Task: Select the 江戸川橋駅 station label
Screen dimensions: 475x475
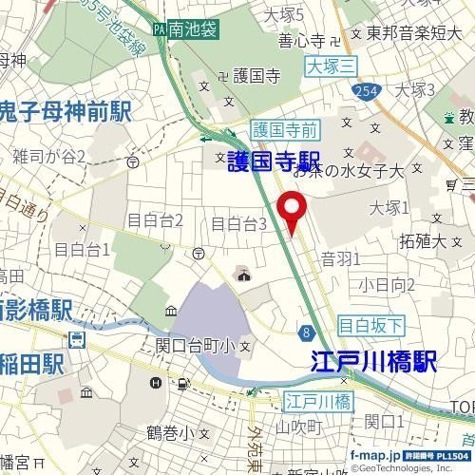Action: coord(373,361)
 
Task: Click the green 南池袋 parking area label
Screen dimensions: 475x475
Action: coord(188,31)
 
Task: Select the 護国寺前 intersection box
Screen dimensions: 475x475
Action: coord(287,127)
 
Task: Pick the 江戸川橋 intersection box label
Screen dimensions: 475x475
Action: coord(319,401)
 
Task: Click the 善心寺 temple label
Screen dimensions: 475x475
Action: coord(301,40)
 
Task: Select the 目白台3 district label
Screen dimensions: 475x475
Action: coord(237,224)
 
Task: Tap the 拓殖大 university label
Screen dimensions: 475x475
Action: coord(424,240)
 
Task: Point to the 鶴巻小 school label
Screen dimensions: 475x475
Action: coord(170,432)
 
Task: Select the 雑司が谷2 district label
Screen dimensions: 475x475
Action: coord(49,156)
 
